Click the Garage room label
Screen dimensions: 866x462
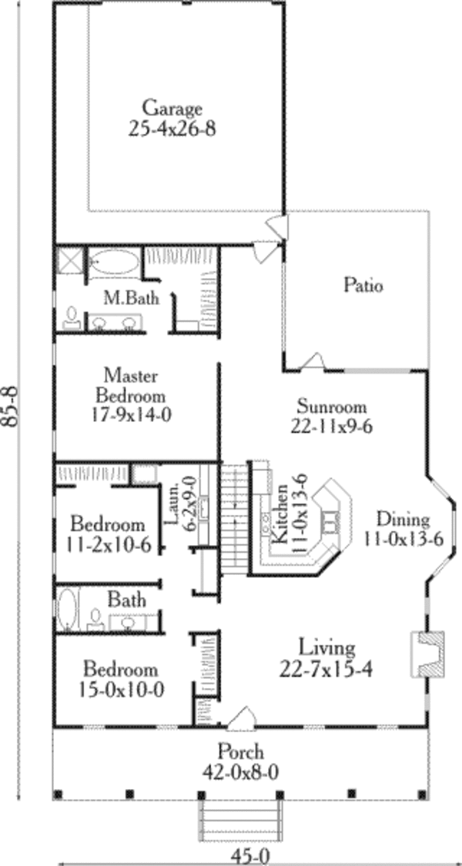tap(172, 109)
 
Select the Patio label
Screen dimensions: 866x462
tap(363, 286)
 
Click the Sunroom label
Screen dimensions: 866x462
tap(332, 407)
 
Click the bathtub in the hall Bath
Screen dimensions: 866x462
tap(67, 610)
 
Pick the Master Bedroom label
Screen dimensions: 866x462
tap(131, 386)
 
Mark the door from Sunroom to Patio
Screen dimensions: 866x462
tap(312, 361)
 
